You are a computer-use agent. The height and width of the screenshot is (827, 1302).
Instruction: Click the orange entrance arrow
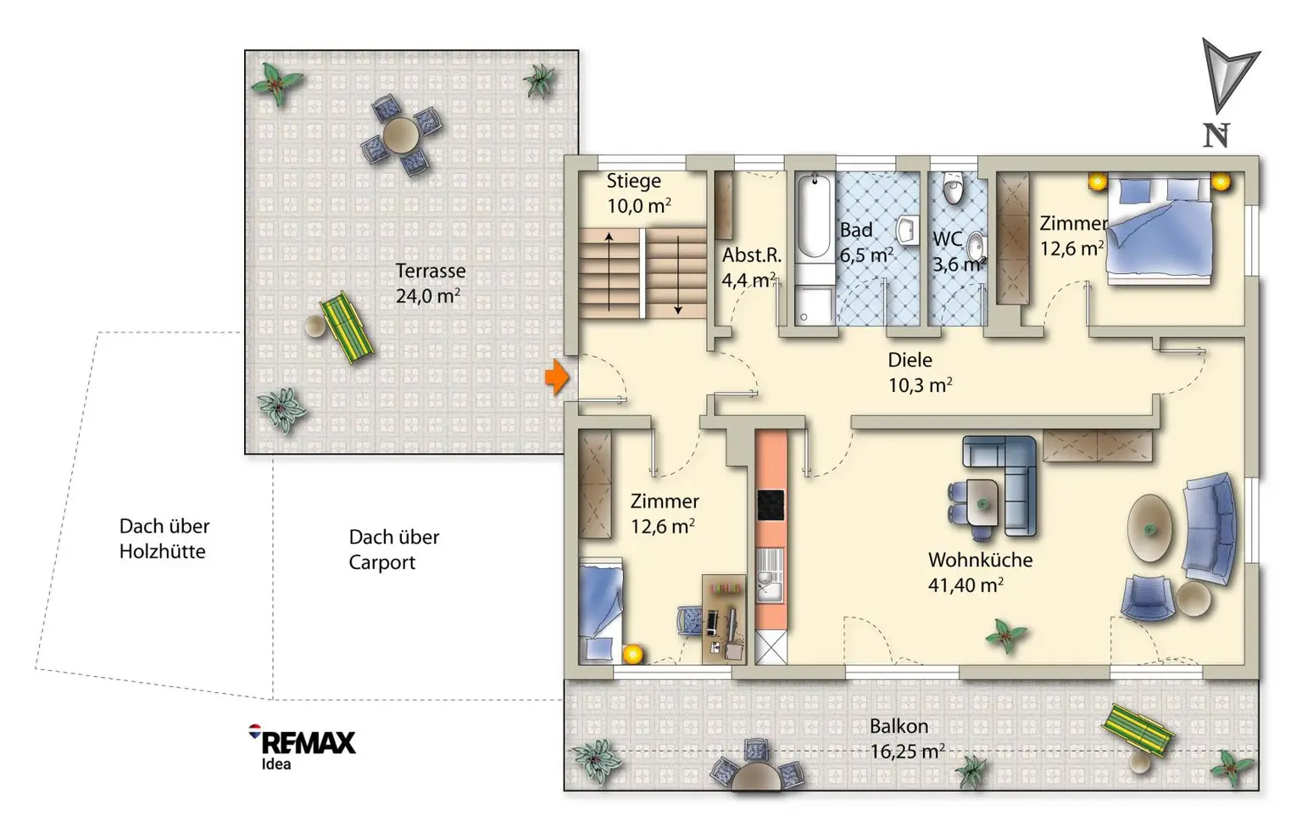tap(556, 377)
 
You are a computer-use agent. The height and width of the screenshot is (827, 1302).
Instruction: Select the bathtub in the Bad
tap(813, 215)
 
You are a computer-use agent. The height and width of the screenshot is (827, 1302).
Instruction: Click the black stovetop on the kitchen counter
tap(771, 505)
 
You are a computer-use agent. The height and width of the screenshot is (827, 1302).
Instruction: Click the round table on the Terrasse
tap(400, 136)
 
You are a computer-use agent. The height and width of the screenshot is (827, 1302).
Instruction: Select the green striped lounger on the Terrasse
tap(347, 327)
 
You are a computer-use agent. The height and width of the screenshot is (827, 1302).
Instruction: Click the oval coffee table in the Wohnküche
tap(1149, 528)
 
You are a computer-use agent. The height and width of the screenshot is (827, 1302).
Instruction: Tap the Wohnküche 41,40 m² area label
tap(980, 573)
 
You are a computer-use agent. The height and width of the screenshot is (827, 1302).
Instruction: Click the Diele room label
tap(910, 360)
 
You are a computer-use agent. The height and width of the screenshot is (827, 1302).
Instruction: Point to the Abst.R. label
tap(751, 255)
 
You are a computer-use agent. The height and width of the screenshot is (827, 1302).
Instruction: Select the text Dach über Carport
tap(394, 550)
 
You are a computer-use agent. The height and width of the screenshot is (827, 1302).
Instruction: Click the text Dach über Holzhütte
tap(164, 539)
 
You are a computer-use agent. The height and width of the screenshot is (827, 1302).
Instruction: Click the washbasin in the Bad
tap(907, 231)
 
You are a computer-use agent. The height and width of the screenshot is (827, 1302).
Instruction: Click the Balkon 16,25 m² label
tap(907, 739)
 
